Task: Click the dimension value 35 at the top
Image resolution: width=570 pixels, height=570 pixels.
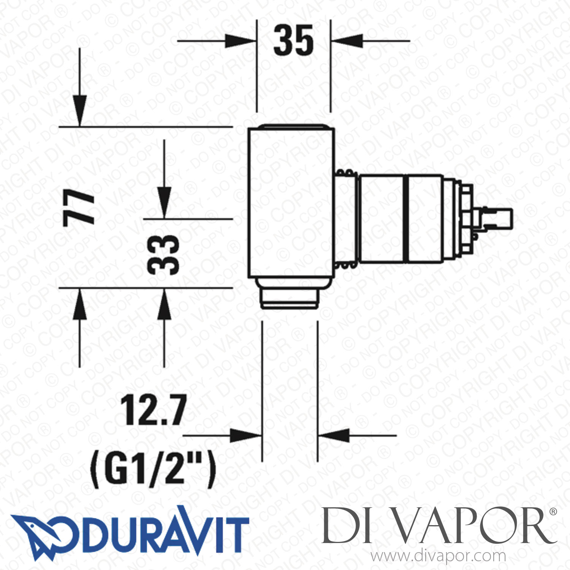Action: coord(293,40)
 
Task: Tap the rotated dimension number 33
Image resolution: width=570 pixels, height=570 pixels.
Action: coord(163,255)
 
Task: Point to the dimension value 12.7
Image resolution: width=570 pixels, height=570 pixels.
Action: coord(153,410)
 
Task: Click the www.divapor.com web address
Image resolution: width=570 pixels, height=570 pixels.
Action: coord(438,556)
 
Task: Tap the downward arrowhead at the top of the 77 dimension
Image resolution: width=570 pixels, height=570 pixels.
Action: coord(80,110)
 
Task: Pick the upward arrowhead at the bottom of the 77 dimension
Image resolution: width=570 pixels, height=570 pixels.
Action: coord(80,304)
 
